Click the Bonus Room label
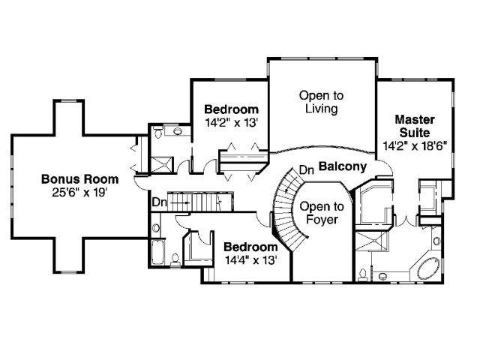[x=80, y=179]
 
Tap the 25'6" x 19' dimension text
[x=80, y=193]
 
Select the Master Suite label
[x=415, y=126]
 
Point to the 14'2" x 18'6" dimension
[x=415, y=145]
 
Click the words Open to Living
[x=322, y=102]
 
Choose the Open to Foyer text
[x=322, y=213]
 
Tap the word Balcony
[x=343, y=166]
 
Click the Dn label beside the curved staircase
[x=307, y=170]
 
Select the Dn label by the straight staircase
[x=159, y=202]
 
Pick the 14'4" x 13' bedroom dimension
[x=251, y=260]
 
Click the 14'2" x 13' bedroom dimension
[x=232, y=123]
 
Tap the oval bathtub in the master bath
[x=428, y=268]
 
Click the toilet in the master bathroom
[x=363, y=274]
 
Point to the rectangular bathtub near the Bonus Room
[x=158, y=252]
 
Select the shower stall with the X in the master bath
[x=371, y=241]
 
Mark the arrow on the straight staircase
[x=179, y=202]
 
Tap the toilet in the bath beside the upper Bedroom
[x=158, y=132]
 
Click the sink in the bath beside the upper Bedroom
[x=178, y=131]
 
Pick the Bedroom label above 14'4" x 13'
[x=250, y=247]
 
